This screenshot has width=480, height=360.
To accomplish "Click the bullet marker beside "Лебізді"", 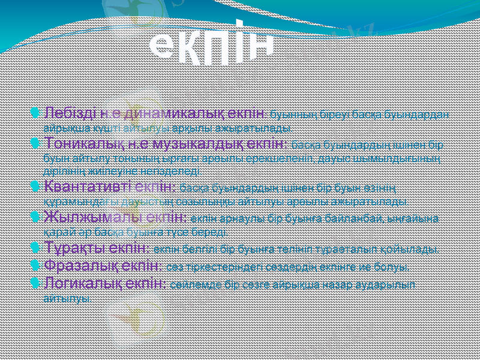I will (37, 113).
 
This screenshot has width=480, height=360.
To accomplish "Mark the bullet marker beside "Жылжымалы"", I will (37, 216).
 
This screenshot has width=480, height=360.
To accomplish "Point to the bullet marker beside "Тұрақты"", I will (37, 248).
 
